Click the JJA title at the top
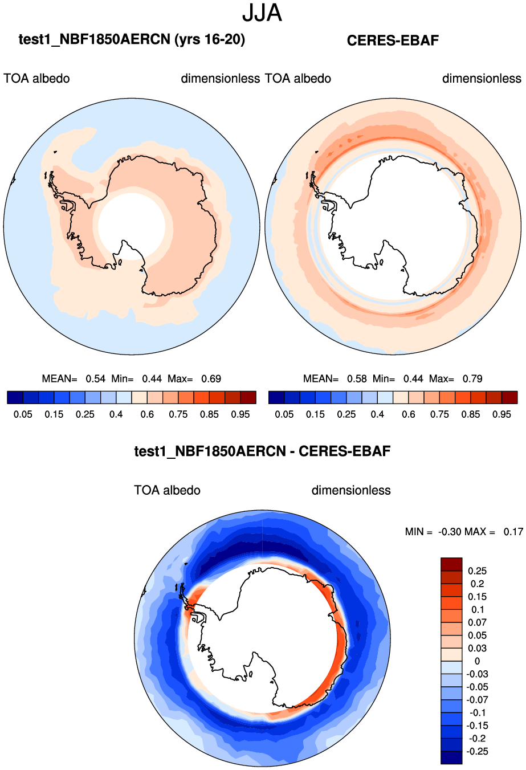tap(262, 13)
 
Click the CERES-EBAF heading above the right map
tap(393, 40)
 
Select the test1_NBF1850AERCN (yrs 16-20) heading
tap(132, 39)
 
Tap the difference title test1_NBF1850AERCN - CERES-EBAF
tap(262, 451)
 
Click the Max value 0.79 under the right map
tap(472, 378)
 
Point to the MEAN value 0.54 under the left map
tap(95, 378)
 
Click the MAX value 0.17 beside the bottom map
tap(513, 532)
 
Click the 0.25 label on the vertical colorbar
tap(478, 571)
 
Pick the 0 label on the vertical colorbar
tap(478, 661)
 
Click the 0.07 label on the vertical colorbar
tap(478, 622)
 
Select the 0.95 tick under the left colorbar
tap(240, 414)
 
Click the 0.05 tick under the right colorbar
tap(284, 414)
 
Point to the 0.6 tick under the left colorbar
tap(147, 414)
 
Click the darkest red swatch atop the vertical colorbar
tap(451, 564)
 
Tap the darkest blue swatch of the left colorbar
tap(15, 397)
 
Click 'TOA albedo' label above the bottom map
tap(167, 490)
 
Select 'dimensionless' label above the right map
tap(482, 79)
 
